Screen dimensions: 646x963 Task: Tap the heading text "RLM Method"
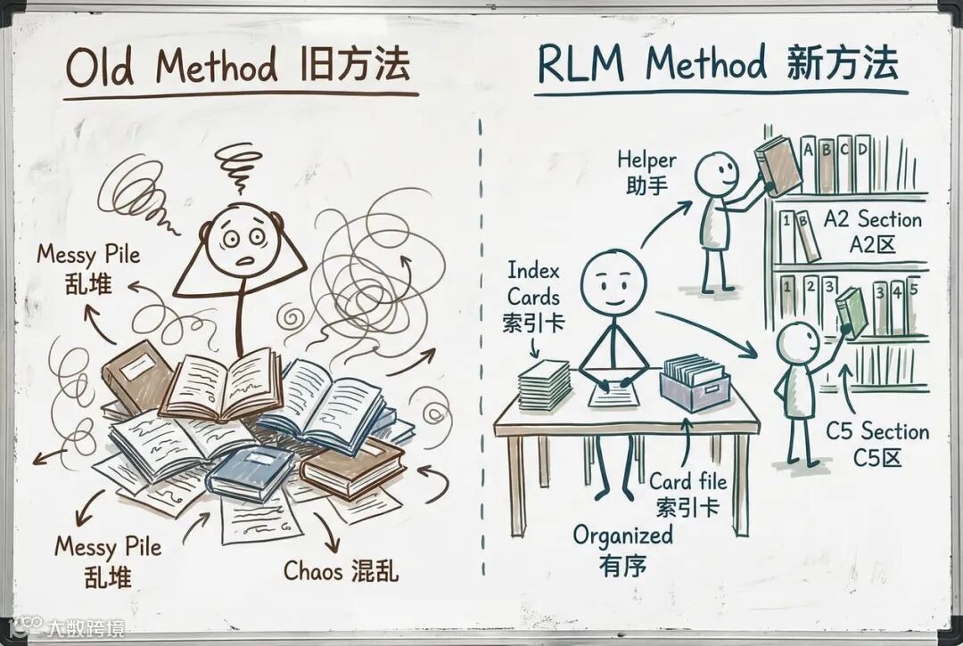click(x=652, y=65)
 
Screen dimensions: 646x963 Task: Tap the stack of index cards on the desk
click(x=544, y=385)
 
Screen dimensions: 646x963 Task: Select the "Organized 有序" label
click(x=622, y=549)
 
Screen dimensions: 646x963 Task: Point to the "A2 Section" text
click(x=872, y=219)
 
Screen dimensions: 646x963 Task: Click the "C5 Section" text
click(x=877, y=432)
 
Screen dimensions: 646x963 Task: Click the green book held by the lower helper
click(x=852, y=311)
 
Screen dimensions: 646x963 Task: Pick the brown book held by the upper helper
click(x=778, y=166)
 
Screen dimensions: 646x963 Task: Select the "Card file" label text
click(x=687, y=482)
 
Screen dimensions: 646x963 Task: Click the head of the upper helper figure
click(x=716, y=173)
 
